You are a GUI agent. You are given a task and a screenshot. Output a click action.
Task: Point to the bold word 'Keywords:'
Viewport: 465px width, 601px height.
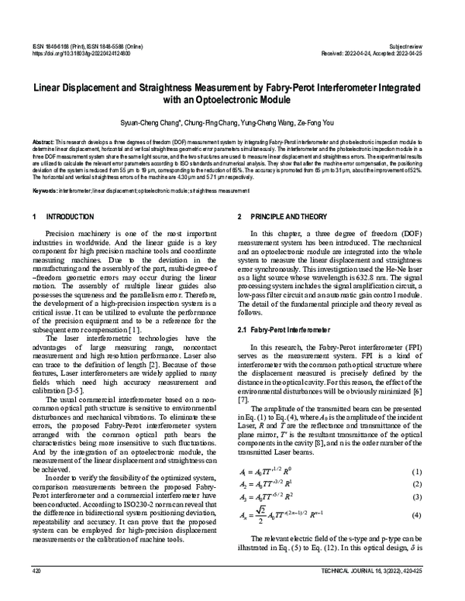46,190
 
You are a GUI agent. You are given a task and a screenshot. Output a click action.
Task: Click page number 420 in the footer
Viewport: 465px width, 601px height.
36,591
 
